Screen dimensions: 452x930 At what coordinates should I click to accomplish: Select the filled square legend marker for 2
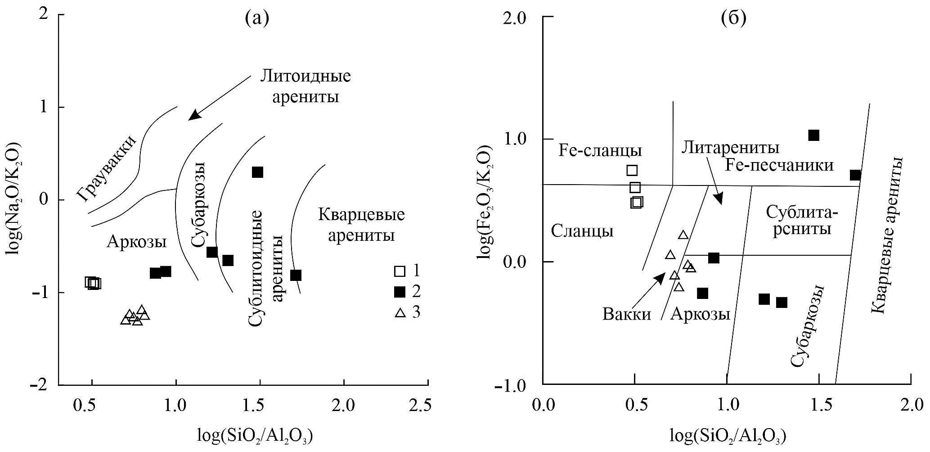point(399,292)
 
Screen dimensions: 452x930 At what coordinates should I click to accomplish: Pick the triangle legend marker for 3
point(400,312)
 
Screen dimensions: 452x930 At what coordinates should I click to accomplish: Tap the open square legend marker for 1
point(399,271)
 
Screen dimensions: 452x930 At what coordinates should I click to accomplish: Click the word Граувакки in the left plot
point(106,168)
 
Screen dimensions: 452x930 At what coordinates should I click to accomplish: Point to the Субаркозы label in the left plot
point(198,205)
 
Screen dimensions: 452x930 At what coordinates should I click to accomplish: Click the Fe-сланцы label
point(600,150)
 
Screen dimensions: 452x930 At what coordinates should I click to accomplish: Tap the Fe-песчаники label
point(779,165)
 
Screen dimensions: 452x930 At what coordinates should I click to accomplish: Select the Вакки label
point(627,314)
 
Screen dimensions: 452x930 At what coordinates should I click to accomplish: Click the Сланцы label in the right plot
point(582,231)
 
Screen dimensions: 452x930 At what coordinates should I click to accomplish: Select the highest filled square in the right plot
point(813,135)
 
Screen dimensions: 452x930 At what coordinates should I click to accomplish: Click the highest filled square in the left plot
point(257,172)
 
